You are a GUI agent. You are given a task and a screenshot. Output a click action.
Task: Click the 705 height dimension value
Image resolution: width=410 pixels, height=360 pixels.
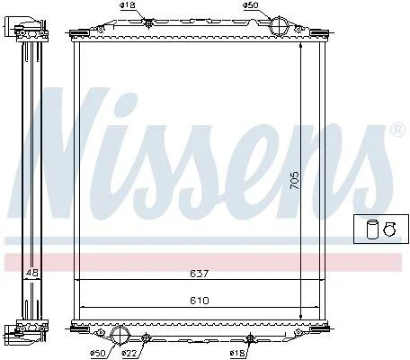(x=295, y=180)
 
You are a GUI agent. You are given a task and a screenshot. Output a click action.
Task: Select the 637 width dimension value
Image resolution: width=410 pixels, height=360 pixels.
(x=200, y=274)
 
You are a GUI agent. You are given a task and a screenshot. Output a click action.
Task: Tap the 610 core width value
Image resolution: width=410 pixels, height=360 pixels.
(x=200, y=300)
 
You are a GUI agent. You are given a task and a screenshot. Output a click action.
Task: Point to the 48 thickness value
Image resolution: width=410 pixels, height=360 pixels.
(x=32, y=273)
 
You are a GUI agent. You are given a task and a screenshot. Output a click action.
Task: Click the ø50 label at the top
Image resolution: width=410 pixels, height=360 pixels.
(x=251, y=5)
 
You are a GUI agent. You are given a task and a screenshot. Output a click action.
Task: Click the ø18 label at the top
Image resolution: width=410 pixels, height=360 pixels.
(x=128, y=5)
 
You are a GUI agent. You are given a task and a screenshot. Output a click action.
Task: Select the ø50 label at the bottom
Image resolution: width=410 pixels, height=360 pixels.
(x=98, y=353)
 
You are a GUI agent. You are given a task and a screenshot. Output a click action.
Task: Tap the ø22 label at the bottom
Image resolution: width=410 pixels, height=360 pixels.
(x=130, y=353)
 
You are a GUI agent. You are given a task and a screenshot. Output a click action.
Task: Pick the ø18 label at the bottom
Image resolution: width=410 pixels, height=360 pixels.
(x=238, y=353)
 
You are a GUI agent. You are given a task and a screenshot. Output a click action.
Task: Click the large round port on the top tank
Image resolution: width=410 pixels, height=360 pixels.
(x=279, y=25)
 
